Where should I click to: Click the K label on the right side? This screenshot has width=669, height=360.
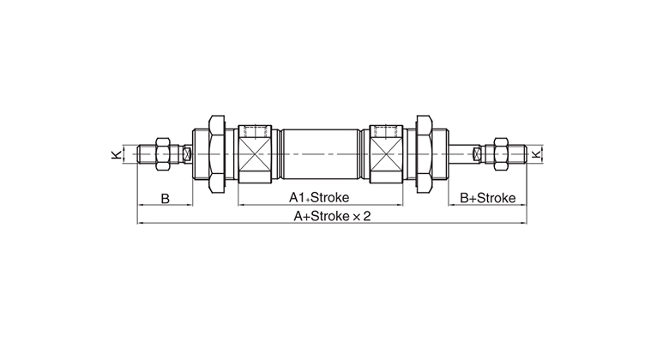(537, 153)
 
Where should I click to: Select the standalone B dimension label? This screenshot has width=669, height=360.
(166, 198)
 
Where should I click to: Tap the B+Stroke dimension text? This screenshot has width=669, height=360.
(488, 198)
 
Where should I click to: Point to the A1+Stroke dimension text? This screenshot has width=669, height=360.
(319, 197)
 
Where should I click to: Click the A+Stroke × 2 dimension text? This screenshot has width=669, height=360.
(333, 216)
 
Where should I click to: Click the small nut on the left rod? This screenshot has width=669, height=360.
(164, 153)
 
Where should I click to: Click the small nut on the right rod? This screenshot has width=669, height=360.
(501, 153)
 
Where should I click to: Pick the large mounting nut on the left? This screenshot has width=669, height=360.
(217, 153)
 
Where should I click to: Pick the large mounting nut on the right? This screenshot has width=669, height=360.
(425, 153)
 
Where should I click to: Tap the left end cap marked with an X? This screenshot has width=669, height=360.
(255, 154)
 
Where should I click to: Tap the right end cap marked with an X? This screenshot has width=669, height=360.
(386, 154)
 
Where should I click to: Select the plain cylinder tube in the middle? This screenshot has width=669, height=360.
(321, 154)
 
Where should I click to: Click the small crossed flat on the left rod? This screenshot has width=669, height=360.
(186, 154)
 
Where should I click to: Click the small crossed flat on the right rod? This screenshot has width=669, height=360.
(478, 154)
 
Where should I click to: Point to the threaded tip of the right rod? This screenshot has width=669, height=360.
(517, 154)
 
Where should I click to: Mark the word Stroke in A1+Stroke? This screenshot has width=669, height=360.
(330, 197)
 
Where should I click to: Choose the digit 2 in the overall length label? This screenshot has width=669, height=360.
(367, 216)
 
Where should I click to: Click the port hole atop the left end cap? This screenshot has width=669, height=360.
(255, 130)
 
